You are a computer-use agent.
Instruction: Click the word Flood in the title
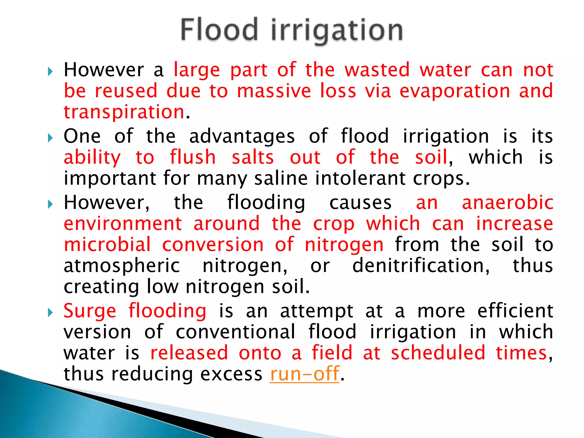pyautogui.click(x=219, y=30)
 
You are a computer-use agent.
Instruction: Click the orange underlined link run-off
pyautogui.click(x=305, y=374)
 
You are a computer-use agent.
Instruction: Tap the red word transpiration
pyautogui.click(x=124, y=112)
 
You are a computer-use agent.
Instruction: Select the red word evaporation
pyautogui.click(x=455, y=91)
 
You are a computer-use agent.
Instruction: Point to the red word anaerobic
pyautogui.click(x=508, y=203)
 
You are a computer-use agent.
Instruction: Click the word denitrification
pyautogui.click(x=421, y=266)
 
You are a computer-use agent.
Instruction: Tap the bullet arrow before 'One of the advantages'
pyautogui.click(x=50, y=138)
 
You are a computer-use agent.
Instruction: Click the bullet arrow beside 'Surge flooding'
pyautogui.click(x=50, y=313)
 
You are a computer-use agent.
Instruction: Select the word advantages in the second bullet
pyautogui.click(x=242, y=137)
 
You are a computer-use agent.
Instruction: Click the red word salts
pyautogui.click(x=253, y=157)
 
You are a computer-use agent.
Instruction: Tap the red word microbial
pyautogui.click(x=107, y=245)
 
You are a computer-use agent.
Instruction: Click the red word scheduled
pyautogui.click(x=438, y=353)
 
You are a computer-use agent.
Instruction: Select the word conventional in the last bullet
pyautogui.click(x=235, y=332)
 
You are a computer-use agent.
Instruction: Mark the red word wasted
pyautogui.click(x=377, y=70)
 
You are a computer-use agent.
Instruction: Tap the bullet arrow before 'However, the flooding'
pyautogui.click(x=50, y=204)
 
